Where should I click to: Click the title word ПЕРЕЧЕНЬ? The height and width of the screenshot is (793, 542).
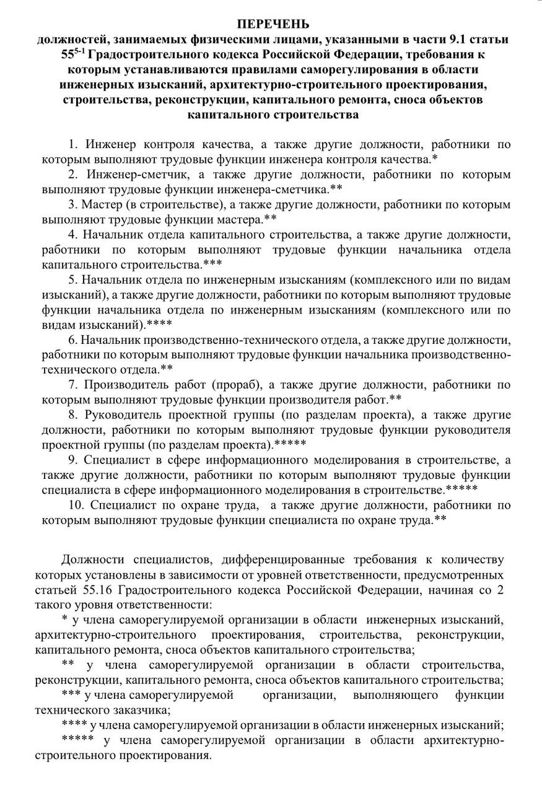coord(272,24)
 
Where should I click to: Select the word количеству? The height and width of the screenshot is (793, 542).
coord(471,561)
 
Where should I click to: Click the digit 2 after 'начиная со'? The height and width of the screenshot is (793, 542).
coord(500,590)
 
